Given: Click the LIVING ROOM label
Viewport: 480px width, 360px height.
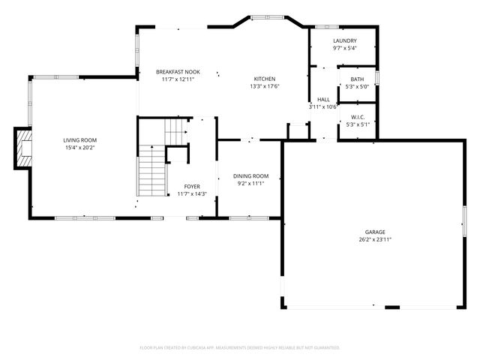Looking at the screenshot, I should tap(79, 140).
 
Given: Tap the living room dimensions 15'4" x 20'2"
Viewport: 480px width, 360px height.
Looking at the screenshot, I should tap(79, 148).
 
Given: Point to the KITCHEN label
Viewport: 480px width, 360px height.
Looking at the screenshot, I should tap(265, 79).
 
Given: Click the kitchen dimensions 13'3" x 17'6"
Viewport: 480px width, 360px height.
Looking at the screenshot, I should tap(265, 86).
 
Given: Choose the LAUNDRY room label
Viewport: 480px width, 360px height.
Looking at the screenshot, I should tap(345, 40).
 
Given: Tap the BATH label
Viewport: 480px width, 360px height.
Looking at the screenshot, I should tap(357, 79).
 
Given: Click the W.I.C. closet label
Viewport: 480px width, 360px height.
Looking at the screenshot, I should tap(357, 117).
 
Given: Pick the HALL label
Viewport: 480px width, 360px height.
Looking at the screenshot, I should tap(324, 99).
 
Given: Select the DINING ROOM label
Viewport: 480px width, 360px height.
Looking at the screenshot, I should tap(250, 176).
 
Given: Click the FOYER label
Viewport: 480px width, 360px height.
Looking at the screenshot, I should tap(193, 187).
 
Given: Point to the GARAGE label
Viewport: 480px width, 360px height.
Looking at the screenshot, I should tap(375, 232).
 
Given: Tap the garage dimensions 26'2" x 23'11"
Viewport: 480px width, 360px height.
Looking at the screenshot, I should tap(375, 240).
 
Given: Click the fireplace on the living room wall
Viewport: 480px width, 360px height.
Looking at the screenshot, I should tap(23, 148).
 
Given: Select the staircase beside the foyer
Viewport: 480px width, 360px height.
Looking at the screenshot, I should tap(151, 171).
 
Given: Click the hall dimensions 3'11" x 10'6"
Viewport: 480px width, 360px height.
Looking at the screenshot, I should tap(324, 106).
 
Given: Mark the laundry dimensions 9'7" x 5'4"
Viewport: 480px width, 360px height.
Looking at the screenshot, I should tap(345, 48).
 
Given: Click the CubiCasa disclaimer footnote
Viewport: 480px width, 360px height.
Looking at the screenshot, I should tap(240, 348).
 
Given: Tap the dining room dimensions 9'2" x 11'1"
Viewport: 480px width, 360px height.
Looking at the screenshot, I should tap(250, 183).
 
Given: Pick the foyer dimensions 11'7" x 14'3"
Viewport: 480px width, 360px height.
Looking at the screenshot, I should tap(193, 194).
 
